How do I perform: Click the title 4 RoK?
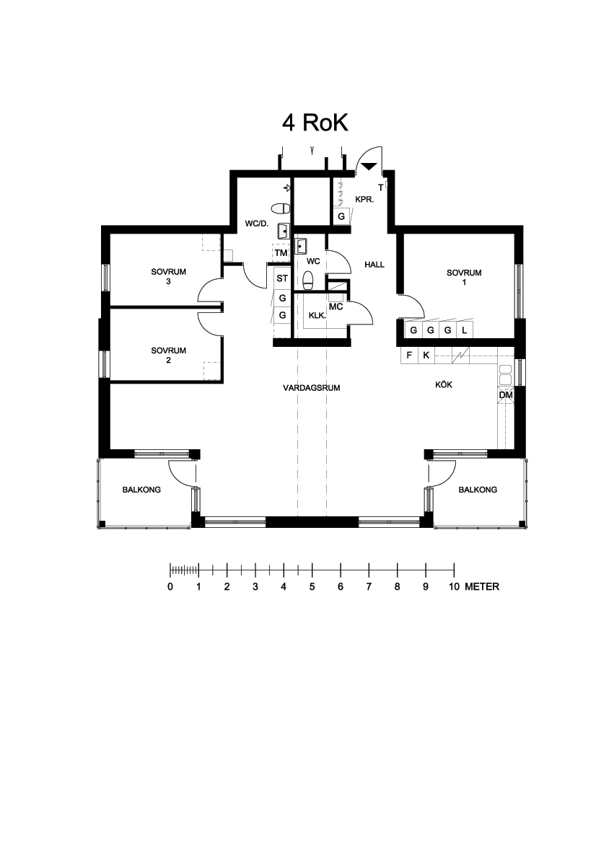tap(315, 123)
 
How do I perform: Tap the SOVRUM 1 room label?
tap(464, 277)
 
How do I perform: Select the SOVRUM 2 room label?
tap(168, 355)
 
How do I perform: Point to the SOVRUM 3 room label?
tap(168, 276)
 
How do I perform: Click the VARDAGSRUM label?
tap(312, 388)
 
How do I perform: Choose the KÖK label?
tap(444, 384)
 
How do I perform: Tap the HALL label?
tap(374, 265)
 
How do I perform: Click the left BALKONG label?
tap(141, 490)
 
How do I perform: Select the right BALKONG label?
tap(478, 490)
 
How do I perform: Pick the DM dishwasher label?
tap(506, 395)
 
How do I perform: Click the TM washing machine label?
tap(281, 252)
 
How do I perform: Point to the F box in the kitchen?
tap(409, 356)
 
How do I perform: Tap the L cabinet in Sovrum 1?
tap(465, 331)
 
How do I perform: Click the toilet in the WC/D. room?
tap(281, 208)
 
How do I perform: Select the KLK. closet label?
tap(317, 316)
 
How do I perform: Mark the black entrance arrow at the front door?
tap(369, 167)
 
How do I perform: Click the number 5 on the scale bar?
tap(312, 586)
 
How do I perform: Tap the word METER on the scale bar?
tap(482, 586)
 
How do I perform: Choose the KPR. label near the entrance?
tap(364, 200)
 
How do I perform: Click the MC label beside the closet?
tap(336, 307)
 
